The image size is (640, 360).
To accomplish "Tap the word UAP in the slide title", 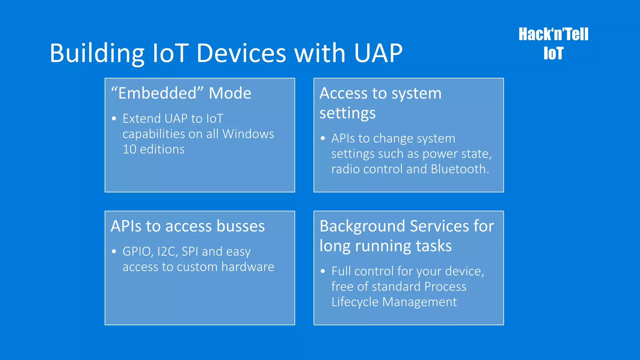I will [378, 53].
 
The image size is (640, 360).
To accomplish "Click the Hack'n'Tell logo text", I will [553, 34].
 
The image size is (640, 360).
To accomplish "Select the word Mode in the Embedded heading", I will [230, 93].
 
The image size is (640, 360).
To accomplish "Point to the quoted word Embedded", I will [157, 93].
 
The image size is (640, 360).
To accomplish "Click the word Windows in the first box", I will [248, 134].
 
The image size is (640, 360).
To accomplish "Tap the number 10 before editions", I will [129, 149].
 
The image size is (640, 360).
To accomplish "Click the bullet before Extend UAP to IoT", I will [114, 119].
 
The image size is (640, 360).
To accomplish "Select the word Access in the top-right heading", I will [343, 93].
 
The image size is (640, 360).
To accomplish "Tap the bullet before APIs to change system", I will [323, 138].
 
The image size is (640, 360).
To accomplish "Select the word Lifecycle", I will [355, 302].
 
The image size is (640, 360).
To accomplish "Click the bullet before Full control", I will [323, 271].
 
